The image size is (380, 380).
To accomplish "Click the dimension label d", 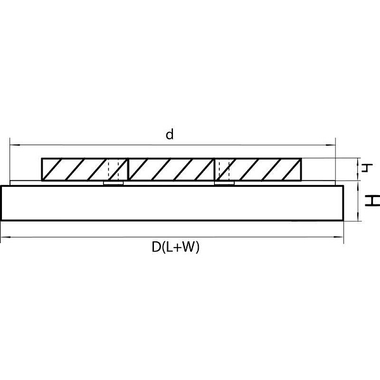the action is click(x=170, y=134).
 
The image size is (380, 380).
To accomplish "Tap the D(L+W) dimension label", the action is click(x=175, y=248).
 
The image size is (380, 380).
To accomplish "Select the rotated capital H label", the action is click(x=372, y=201).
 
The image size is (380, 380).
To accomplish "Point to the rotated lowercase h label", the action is click(x=367, y=168).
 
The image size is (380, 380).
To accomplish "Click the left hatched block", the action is click(x=85, y=169).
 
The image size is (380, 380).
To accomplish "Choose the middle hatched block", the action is click(x=171, y=169).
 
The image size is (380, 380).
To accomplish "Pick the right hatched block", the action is click(x=258, y=169).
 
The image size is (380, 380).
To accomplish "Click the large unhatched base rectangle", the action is click(x=172, y=203).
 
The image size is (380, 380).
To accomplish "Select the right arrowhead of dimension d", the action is click(x=331, y=145).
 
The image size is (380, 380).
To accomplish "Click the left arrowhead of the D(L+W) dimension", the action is click(x=5, y=237).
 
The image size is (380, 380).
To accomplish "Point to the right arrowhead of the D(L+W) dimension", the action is click(x=339, y=237).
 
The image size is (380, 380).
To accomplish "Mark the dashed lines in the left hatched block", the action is click(x=113, y=169).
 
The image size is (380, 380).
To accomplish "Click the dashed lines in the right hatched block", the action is click(x=224, y=169).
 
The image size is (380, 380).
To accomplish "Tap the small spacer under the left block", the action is click(x=113, y=183).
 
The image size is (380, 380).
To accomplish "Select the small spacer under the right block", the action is click(x=224, y=183).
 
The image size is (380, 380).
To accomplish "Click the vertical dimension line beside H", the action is click(x=358, y=201).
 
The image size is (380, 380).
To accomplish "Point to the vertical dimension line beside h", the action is click(x=358, y=169).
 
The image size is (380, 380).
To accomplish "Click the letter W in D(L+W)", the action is click(x=189, y=247).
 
